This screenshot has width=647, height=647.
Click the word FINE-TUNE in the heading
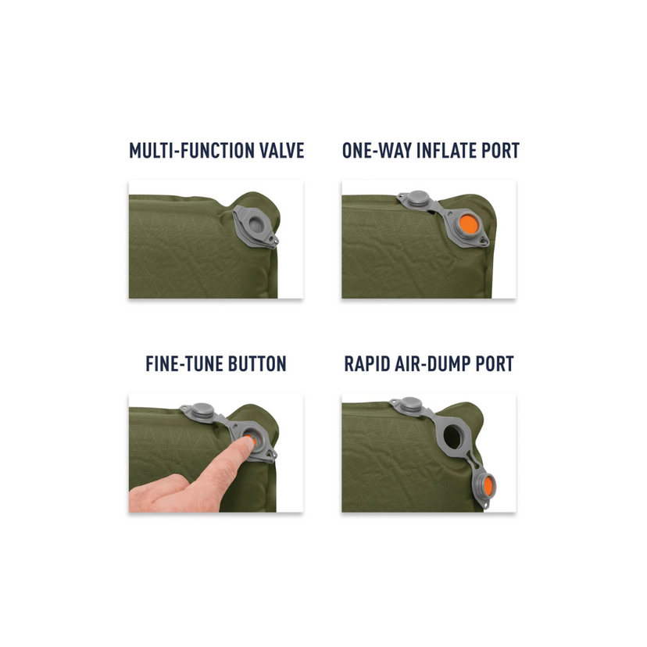click(x=181, y=364)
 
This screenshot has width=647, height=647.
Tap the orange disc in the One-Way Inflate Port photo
click(x=470, y=224)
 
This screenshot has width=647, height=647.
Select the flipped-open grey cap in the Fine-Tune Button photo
click(x=199, y=409)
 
